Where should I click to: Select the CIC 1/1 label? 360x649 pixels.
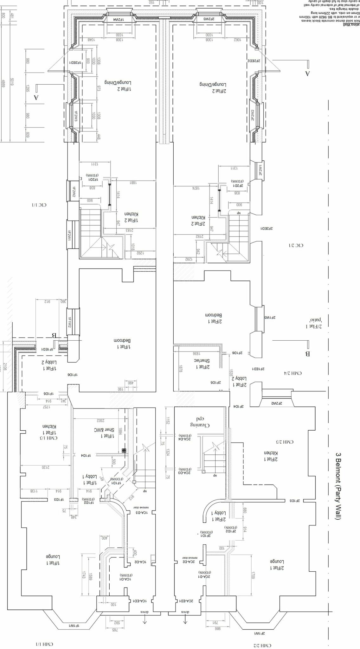coord(39,205)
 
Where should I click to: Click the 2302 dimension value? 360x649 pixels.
coord(101,421)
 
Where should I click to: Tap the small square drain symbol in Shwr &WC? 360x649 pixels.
coord(124,450)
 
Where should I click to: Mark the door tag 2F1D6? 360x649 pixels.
coord(237,353)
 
